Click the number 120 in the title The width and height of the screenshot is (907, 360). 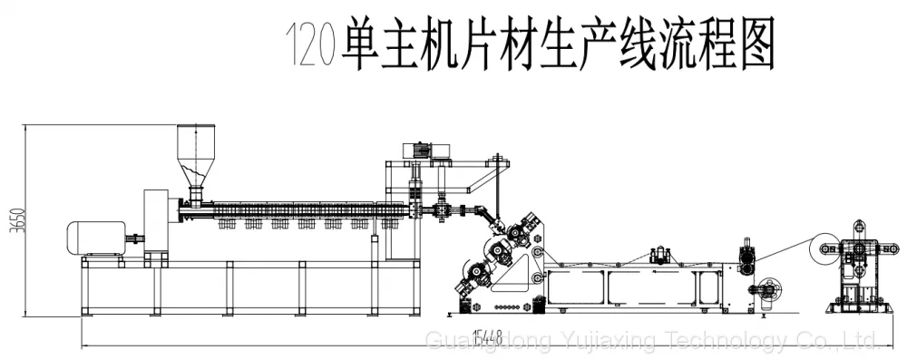tap(311, 44)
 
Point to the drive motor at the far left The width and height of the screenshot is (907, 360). tap(97, 238)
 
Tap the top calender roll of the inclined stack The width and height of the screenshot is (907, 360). tap(517, 232)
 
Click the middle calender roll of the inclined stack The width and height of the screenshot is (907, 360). tap(497, 250)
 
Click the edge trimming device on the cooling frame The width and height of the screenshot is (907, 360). tap(661, 255)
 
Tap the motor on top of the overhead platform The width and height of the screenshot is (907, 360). tap(416, 150)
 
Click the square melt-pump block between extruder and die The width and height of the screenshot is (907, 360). tap(443, 210)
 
